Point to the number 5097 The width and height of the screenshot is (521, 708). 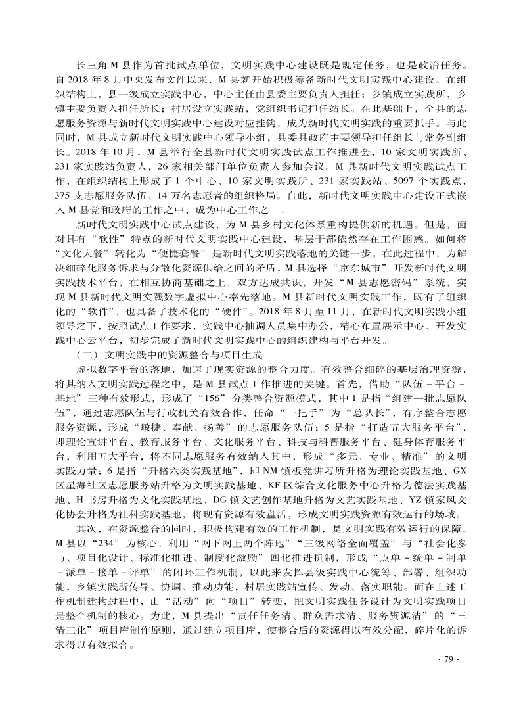[x=401, y=181]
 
